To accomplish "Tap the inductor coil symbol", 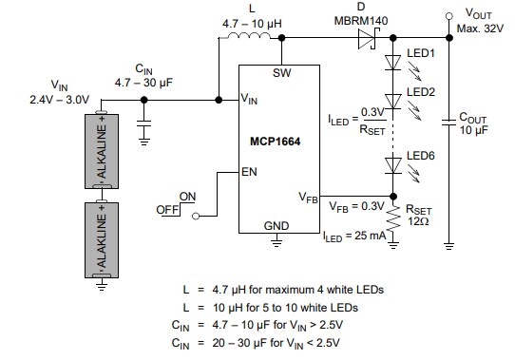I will click(x=252, y=38).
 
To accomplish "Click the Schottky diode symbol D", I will click(x=368, y=39).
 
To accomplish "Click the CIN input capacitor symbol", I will click(x=144, y=123).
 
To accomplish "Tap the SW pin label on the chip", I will click(x=281, y=73).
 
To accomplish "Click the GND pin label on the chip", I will click(x=276, y=225).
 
